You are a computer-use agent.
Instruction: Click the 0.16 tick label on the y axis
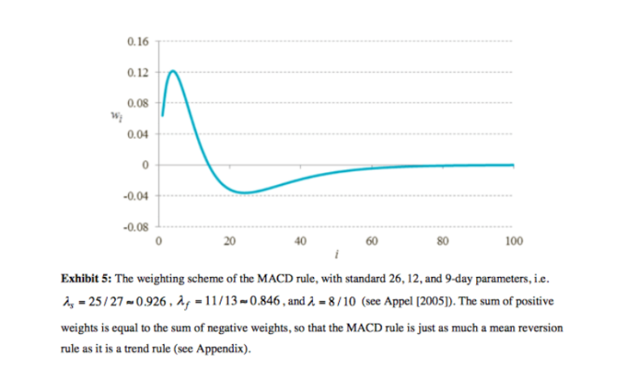[x=137, y=41]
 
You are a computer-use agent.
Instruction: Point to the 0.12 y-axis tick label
[x=137, y=72]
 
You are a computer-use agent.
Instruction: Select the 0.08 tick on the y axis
[x=137, y=103]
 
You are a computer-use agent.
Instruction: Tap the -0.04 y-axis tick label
[x=135, y=196]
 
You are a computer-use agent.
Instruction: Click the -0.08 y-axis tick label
[x=135, y=227]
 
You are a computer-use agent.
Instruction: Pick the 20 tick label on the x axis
[x=230, y=241]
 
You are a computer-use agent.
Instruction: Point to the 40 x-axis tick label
[x=300, y=241]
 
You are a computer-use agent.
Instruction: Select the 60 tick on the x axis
[x=371, y=241]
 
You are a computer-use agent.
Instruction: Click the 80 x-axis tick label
[x=442, y=241]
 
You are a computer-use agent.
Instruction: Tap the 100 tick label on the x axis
[x=513, y=241]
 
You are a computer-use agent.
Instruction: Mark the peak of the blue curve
[x=173, y=71]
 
